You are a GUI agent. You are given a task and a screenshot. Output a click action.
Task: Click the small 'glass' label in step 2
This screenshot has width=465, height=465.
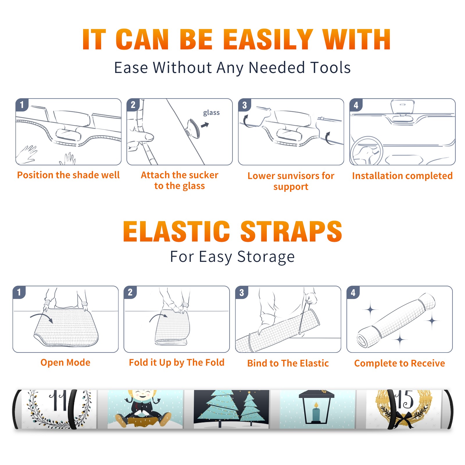click(211, 112)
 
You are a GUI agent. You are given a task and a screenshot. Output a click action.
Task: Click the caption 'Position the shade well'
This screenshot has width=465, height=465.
click(68, 175)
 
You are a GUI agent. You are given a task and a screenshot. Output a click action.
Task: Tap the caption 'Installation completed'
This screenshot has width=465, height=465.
click(402, 176)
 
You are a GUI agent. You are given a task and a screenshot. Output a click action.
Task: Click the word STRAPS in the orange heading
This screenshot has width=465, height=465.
click(291, 231)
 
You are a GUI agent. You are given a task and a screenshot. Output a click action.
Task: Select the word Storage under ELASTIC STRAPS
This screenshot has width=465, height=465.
click(266, 257)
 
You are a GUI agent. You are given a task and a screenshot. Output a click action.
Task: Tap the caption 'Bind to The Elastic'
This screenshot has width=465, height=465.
click(288, 363)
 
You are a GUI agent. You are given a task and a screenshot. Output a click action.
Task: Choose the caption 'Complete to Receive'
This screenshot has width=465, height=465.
click(400, 363)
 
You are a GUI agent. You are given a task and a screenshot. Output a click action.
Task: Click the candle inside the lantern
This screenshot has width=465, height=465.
click(316, 412)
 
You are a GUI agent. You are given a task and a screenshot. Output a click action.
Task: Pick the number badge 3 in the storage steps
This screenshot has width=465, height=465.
click(242, 292)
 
